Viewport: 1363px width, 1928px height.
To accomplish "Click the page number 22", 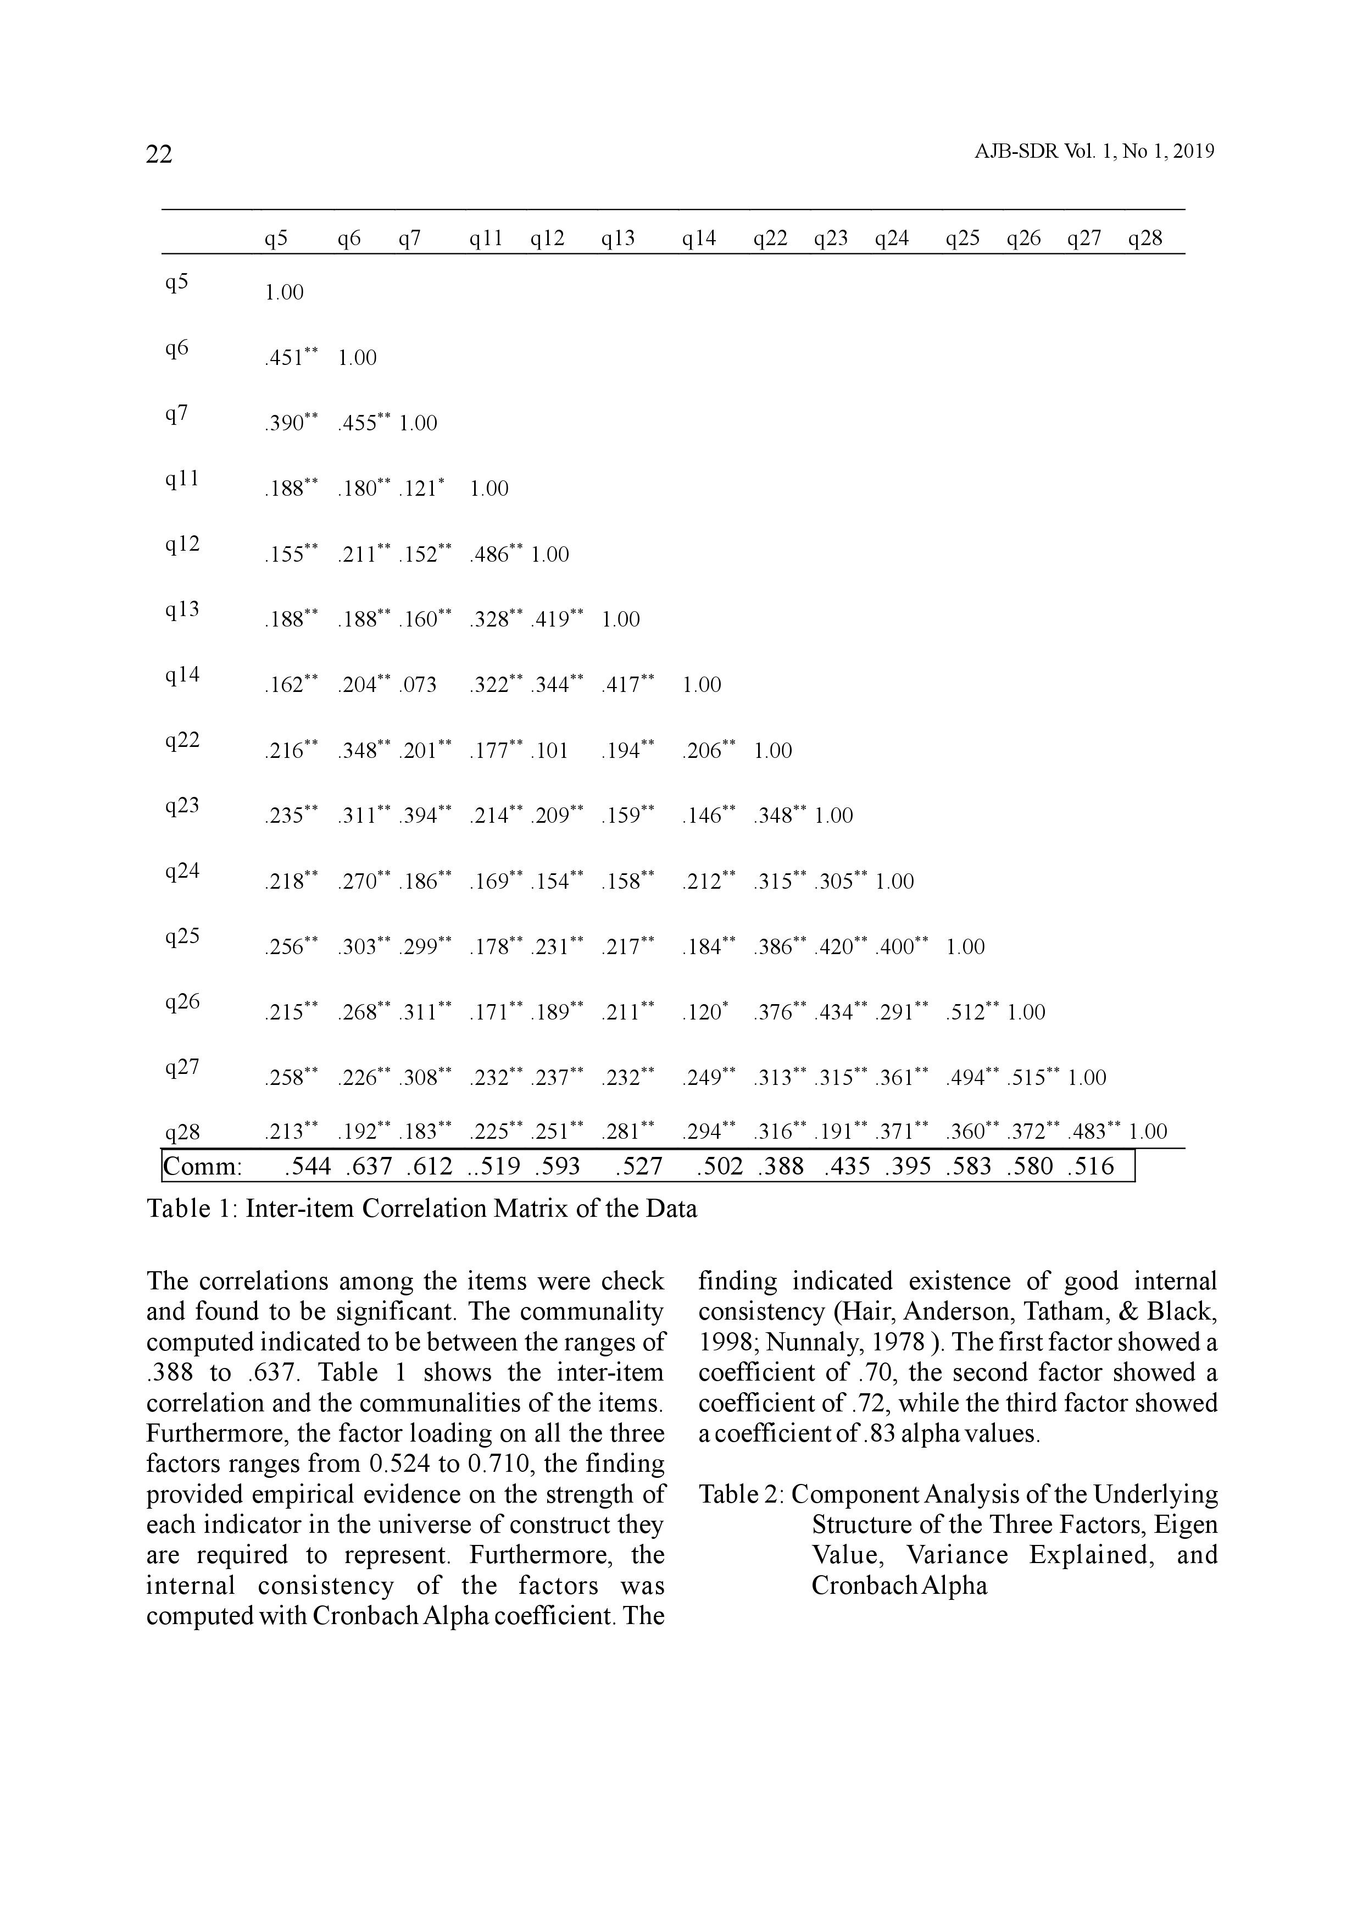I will pos(159,154).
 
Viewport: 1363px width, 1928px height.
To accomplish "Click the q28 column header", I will pos(1145,239).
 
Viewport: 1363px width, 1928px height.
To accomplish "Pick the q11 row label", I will pos(182,479).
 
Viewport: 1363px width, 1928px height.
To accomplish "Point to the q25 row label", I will pos(182,937).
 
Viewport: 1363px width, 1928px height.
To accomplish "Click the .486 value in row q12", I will pos(491,554).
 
